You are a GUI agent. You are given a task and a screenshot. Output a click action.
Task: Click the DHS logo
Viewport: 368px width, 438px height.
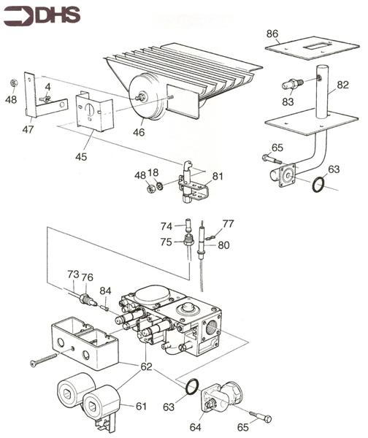coord(37,15)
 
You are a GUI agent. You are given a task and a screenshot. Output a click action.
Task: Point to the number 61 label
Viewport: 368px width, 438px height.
coord(140,406)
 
